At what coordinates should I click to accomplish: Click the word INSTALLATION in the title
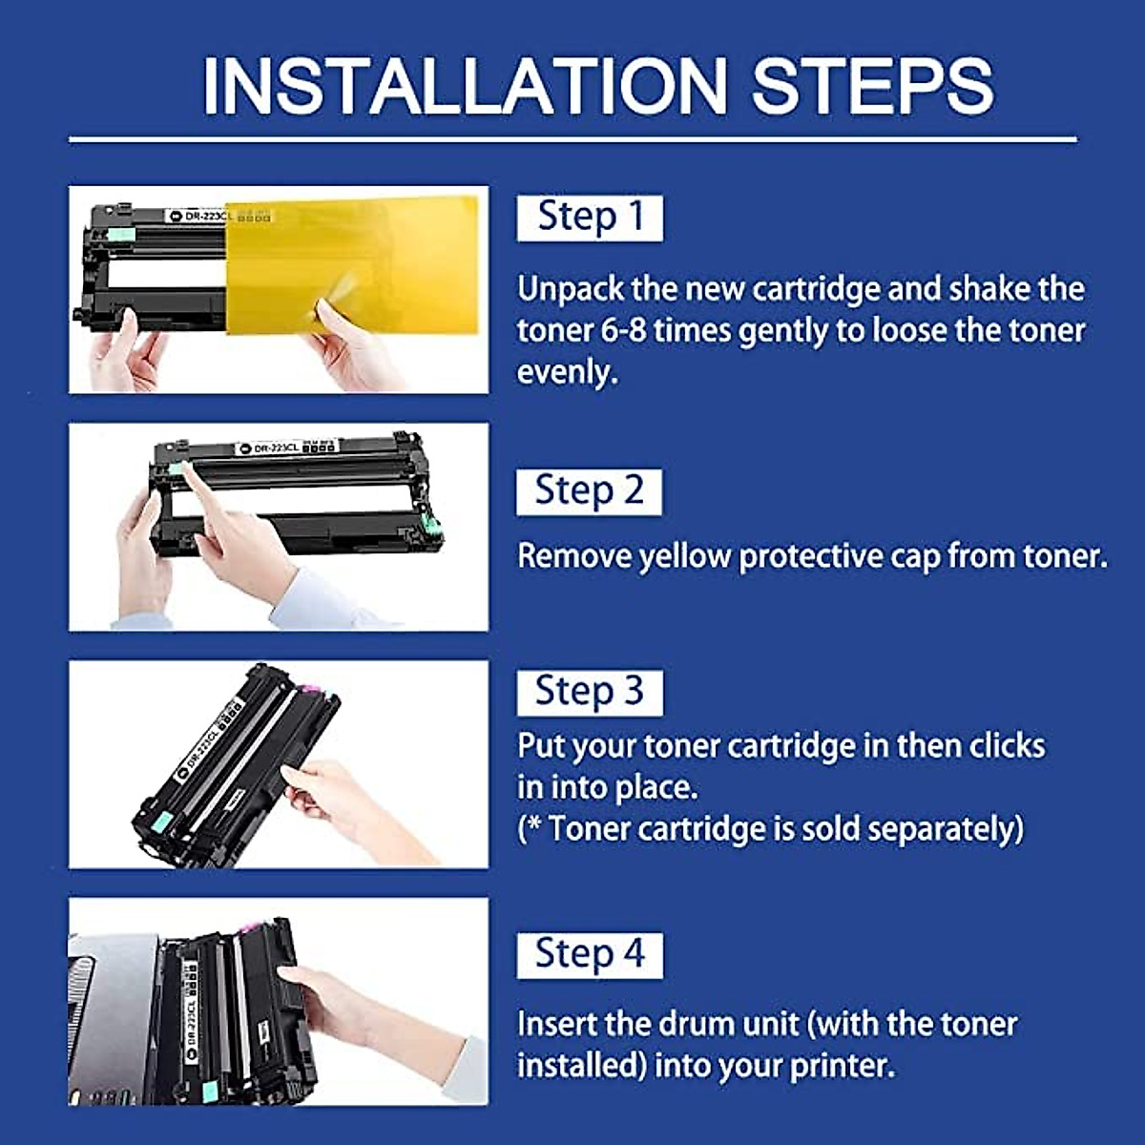coord(464,86)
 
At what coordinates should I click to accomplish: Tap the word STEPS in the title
coord(873,86)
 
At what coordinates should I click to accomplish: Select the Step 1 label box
coord(590,219)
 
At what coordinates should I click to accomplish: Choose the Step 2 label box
coord(589,492)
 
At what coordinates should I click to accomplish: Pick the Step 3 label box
coord(590,693)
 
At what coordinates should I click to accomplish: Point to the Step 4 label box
coord(590,955)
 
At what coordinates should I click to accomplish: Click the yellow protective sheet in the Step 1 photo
coord(352,265)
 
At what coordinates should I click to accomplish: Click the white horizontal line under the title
coord(572,140)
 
